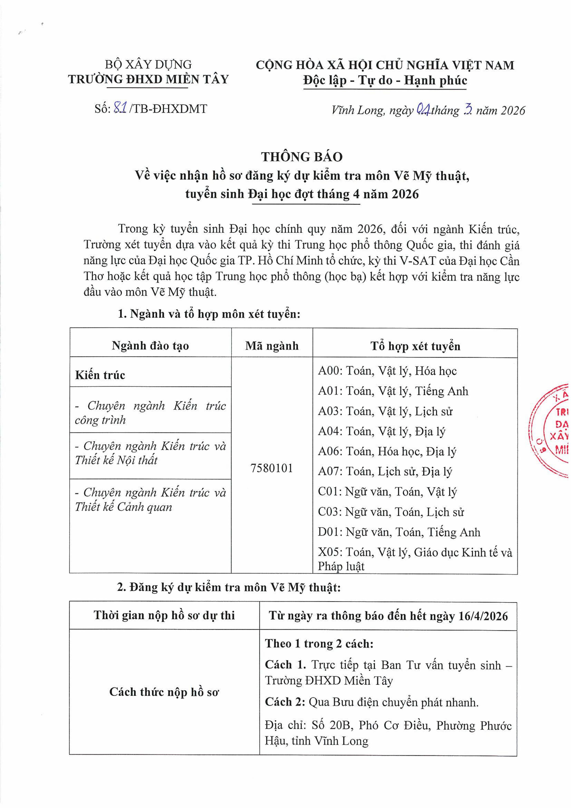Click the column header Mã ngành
pyautogui.click(x=272, y=346)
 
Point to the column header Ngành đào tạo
pyautogui.click(x=150, y=346)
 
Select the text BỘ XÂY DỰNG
pyautogui.click(x=148, y=65)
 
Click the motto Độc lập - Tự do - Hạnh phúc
pyautogui.click(x=385, y=81)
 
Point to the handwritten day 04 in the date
pyautogui.click(x=422, y=110)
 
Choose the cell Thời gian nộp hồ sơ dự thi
pyautogui.click(x=164, y=615)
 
